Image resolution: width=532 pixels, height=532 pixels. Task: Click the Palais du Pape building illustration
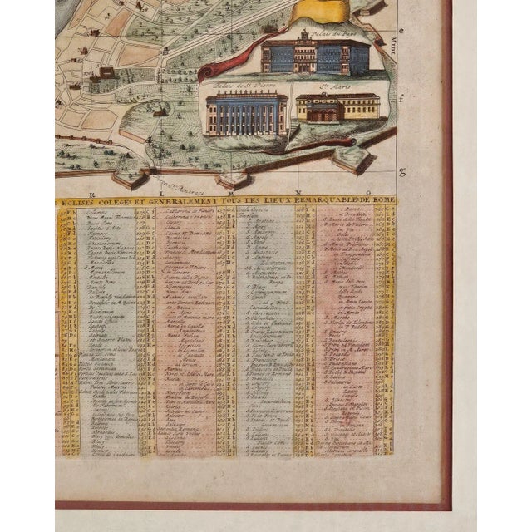[315, 56]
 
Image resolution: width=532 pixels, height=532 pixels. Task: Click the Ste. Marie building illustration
[337, 106]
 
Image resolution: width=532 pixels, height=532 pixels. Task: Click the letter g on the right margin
[402, 173]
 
